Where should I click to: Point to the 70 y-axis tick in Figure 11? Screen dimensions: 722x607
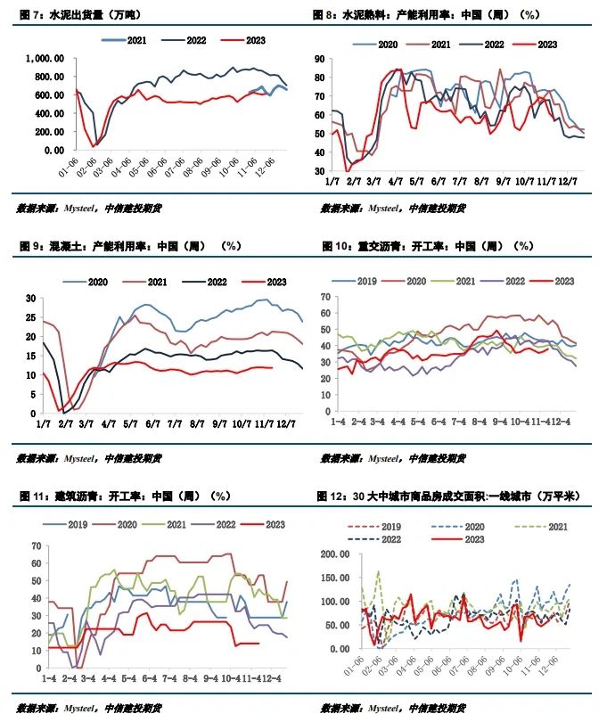36,546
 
